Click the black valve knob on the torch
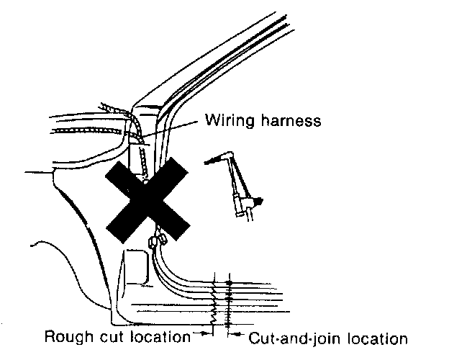coord(258,199)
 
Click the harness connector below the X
coord(158,240)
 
